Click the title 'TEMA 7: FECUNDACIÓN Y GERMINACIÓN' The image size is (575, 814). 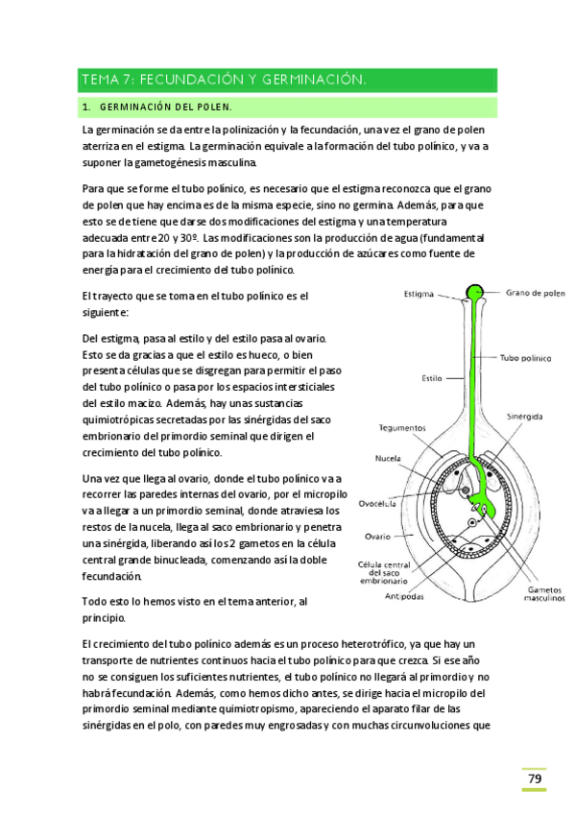coord(225,79)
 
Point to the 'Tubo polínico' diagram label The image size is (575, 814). coord(525,358)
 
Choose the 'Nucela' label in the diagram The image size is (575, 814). coord(388,459)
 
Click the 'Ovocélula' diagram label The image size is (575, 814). coord(378,501)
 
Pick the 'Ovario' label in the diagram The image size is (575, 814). coord(377,537)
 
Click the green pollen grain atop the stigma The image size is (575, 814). coord(475,292)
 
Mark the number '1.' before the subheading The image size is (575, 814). coord(86,107)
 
